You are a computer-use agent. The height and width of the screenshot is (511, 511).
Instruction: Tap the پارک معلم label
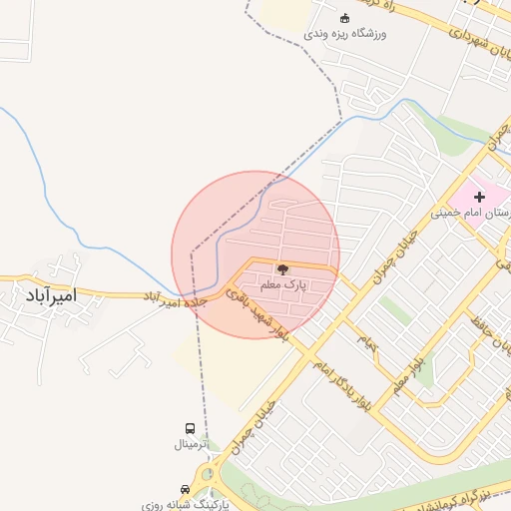click(x=282, y=285)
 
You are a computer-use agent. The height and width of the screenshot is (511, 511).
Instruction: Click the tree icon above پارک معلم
click(x=282, y=269)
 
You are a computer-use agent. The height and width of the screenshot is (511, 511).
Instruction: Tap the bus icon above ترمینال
click(x=191, y=428)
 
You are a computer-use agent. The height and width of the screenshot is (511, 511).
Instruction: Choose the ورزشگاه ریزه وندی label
click(x=345, y=33)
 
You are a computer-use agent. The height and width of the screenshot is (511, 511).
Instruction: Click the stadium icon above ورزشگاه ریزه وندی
click(x=345, y=17)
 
